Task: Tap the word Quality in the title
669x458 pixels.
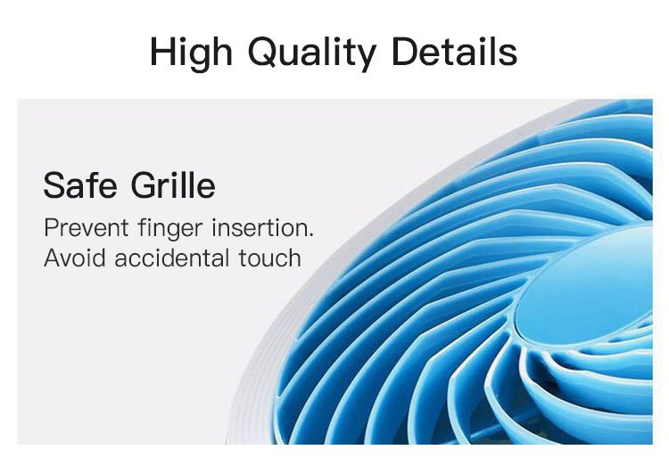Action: (x=312, y=53)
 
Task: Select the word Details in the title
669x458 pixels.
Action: (x=455, y=51)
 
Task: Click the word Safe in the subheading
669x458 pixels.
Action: (x=80, y=185)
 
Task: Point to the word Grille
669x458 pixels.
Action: (x=173, y=185)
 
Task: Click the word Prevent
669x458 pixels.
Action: (x=87, y=227)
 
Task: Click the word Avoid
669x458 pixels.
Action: (x=75, y=258)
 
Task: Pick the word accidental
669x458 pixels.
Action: (x=171, y=258)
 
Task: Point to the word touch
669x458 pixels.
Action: (x=269, y=258)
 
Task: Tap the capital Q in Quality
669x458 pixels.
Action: (x=264, y=52)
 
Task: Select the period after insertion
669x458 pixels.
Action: (x=311, y=234)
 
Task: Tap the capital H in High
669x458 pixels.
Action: (x=163, y=52)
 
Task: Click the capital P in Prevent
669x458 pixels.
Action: (x=51, y=227)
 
